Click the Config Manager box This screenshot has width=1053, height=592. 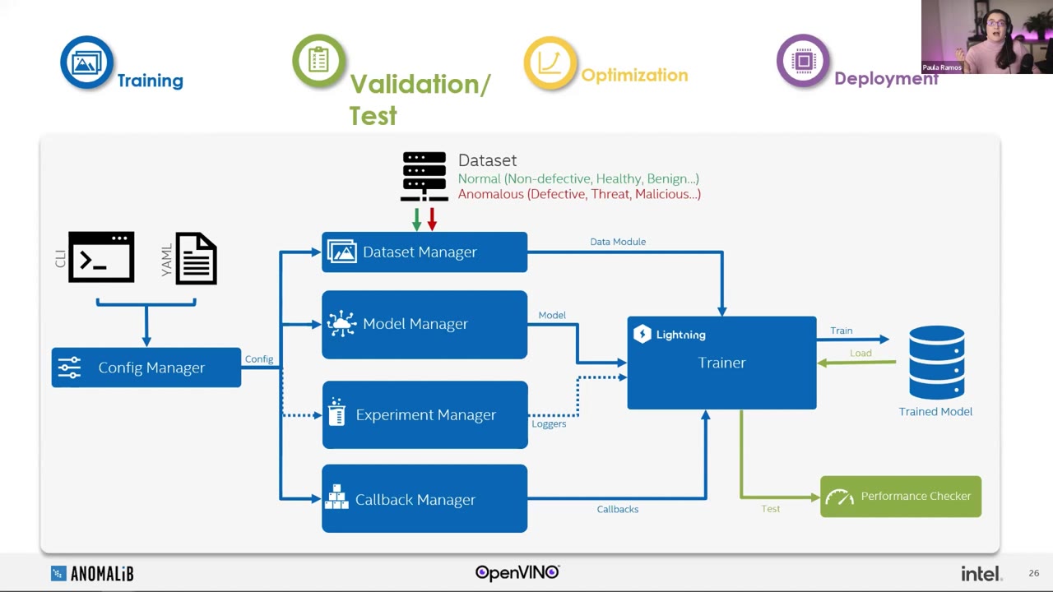[146, 368]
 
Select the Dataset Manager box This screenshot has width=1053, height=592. [424, 252]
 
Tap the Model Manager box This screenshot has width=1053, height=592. [424, 324]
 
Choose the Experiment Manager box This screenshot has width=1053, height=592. [424, 414]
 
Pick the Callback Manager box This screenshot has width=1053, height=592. [424, 498]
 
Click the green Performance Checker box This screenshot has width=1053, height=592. [900, 497]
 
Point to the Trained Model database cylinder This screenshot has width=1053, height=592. [936, 362]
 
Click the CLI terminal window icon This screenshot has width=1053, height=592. [101, 257]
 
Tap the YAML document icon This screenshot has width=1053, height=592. [196, 258]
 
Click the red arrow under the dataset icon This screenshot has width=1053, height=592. [432, 220]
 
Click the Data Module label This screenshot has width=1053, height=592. [618, 242]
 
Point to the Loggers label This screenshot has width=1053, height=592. [549, 423]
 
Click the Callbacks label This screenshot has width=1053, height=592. [618, 509]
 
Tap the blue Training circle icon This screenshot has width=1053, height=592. [86, 62]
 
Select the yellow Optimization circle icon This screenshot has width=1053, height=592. [550, 62]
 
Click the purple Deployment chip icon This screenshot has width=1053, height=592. [803, 61]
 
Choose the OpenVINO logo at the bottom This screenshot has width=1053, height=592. [517, 572]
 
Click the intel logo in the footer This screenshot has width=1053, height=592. [981, 573]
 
